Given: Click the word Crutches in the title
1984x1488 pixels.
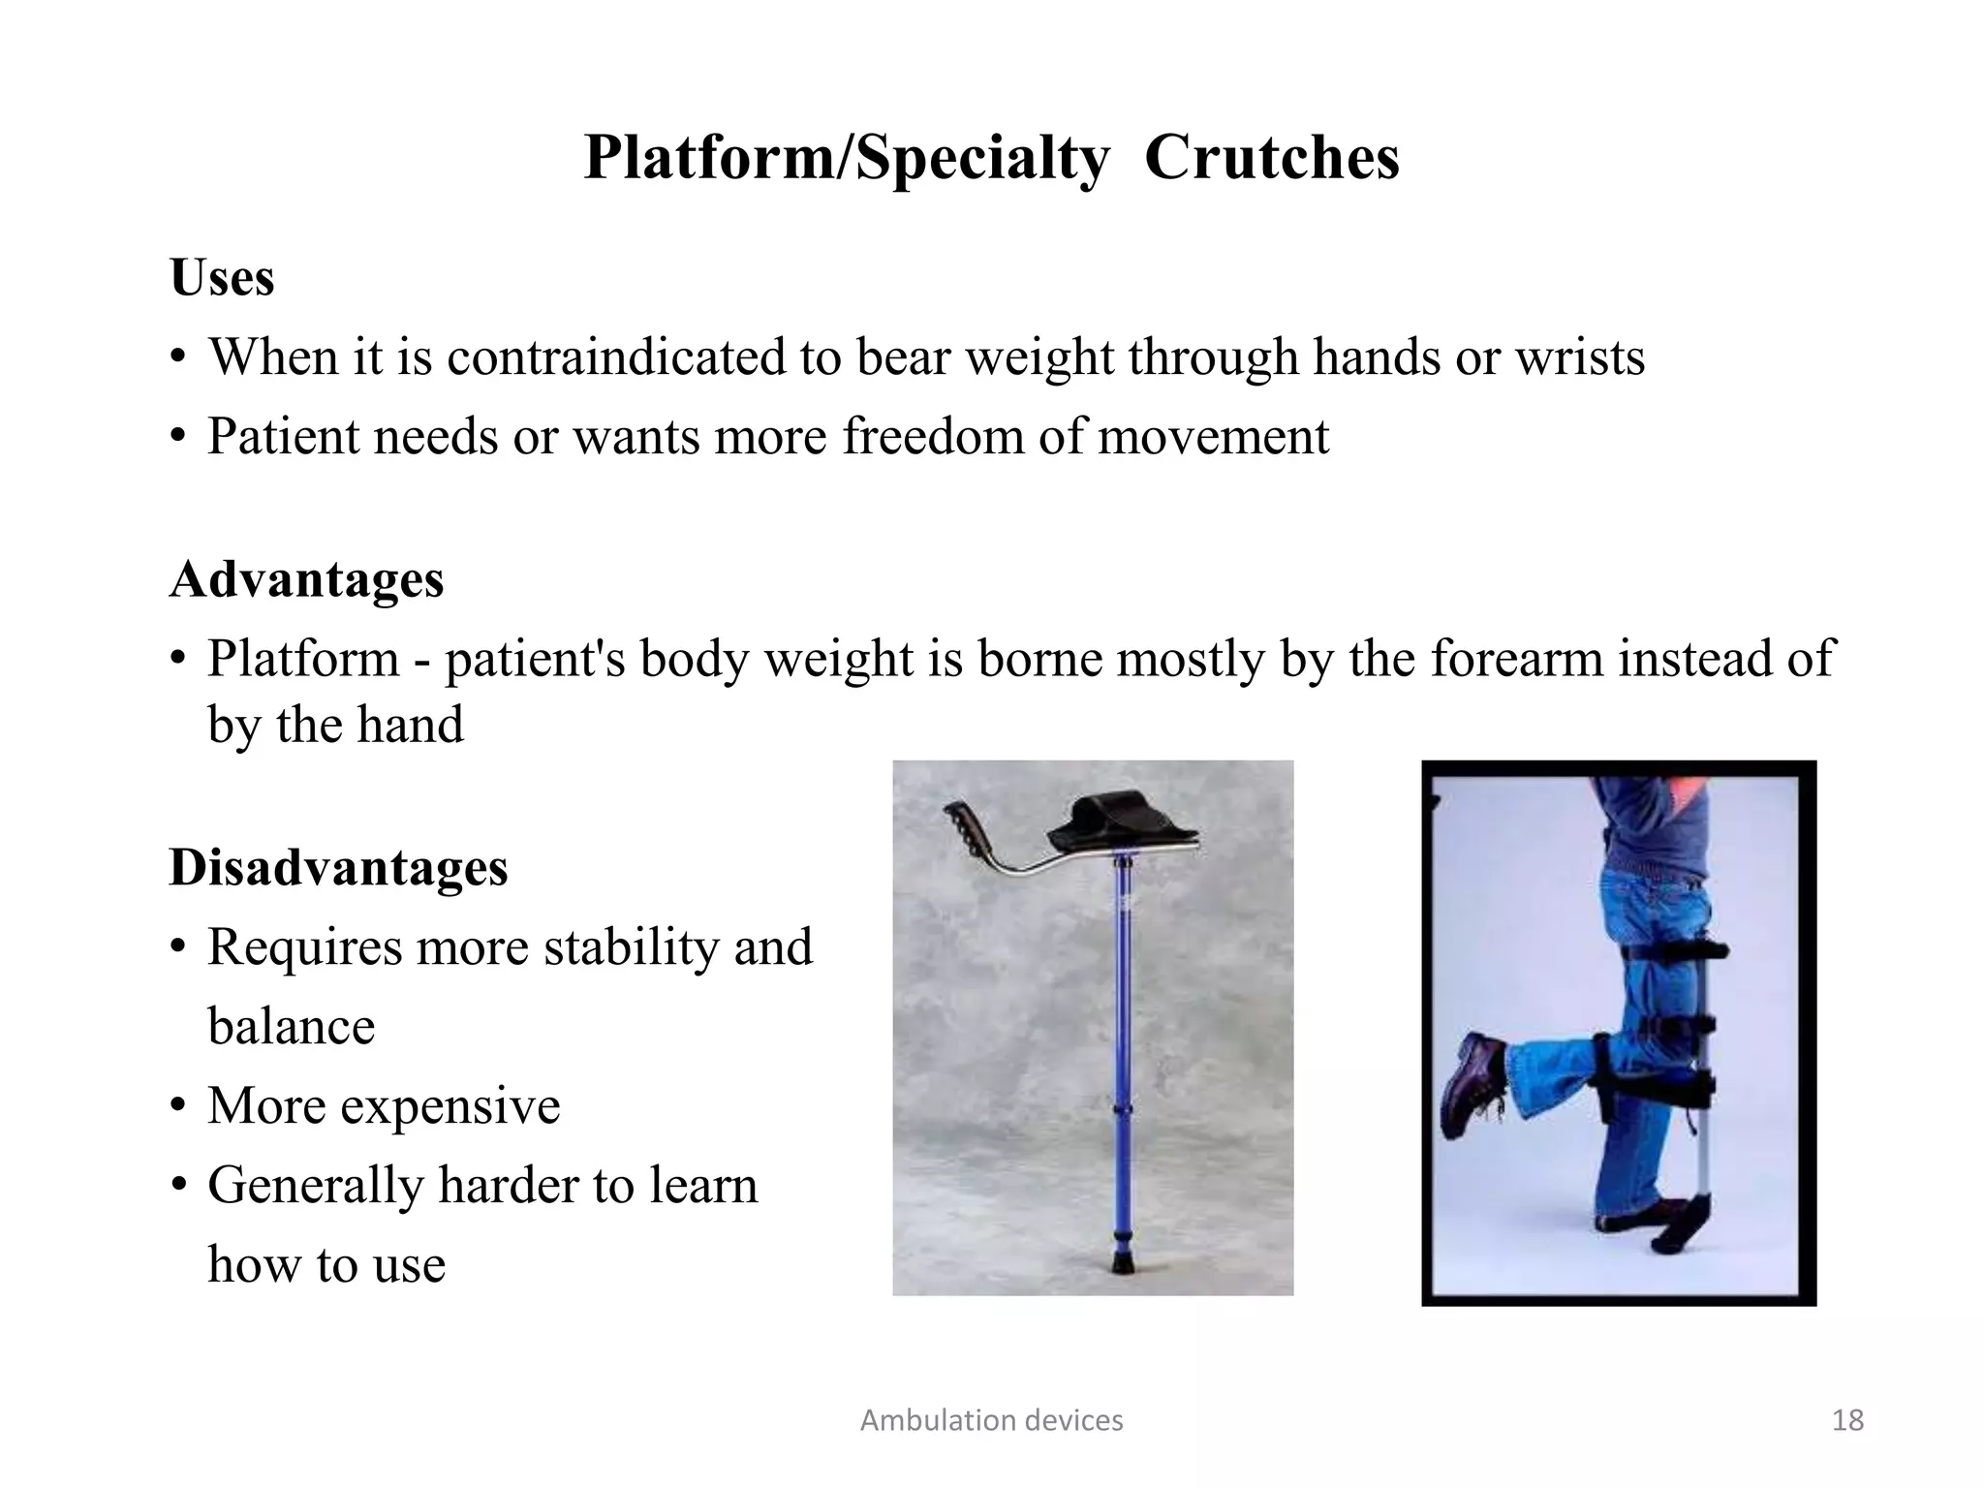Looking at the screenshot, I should point(1271,157).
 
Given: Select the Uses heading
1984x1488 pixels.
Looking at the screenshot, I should point(222,278).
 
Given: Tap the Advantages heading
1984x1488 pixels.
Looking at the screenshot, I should point(306,580).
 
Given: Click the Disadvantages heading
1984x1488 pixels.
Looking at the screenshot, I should point(338,867).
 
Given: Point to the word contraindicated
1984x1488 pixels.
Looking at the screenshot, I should point(617,357).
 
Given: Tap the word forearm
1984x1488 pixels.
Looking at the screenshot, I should point(1516,660).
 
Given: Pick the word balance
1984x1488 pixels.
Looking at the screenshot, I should point(291,1027).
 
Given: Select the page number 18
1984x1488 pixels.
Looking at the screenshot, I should point(1847,1420).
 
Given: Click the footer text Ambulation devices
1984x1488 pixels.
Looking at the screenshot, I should point(991,1420).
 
